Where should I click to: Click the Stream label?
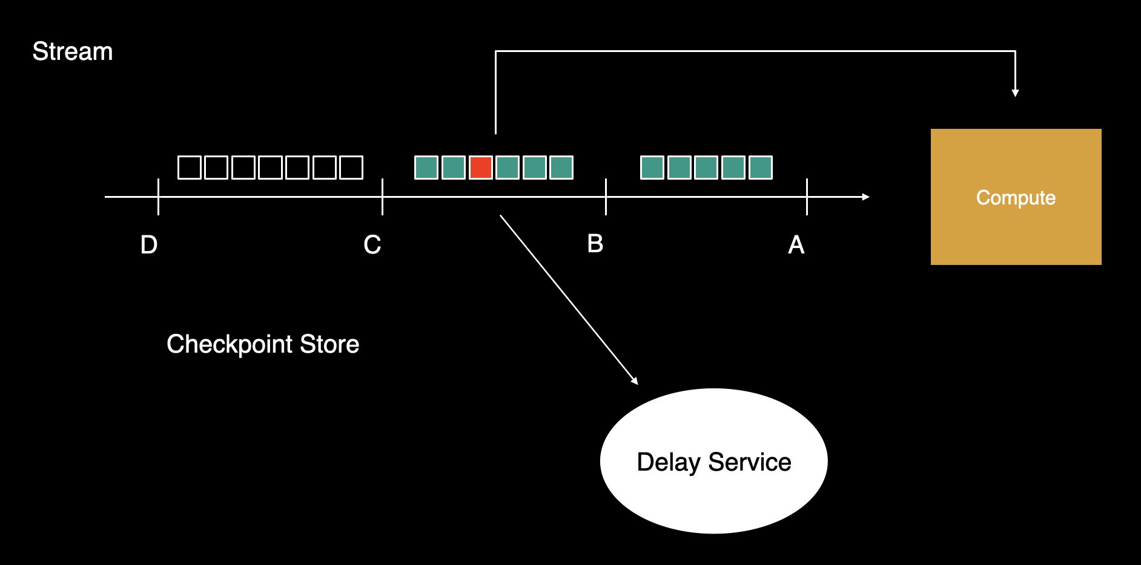pyautogui.click(x=72, y=51)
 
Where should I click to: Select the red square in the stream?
pyautogui.click(x=480, y=168)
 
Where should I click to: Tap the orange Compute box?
pyautogui.click(x=1016, y=197)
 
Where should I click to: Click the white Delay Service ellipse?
pyautogui.click(x=713, y=461)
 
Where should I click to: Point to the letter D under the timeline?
pyautogui.click(x=149, y=245)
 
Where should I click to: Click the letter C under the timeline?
pyautogui.click(x=372, y=245)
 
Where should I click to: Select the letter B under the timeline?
pyautogui.click(x=595, y=244)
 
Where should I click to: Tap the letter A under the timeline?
pyautogui.click(x=796, y=245)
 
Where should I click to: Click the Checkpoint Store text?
pyautogui.click(x=263, y=344)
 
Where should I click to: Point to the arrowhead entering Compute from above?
pyautogui.click(x=1015, y=93)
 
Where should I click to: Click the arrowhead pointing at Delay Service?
pyautogui.click(x=635, y=380)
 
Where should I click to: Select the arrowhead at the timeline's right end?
pyautogui.click(x=866, y=197)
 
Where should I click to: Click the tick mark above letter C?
pyautogui.click(x=382, y=197)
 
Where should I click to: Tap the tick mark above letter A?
pyautogui.click(x=807, y=197)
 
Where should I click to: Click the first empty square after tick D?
pyautogui.click(x=189, y=168)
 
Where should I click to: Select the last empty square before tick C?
pyautogui.click(x=351, y=168)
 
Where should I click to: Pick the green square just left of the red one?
pyautogui.click(x=454, y=168)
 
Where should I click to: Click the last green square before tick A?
pyautogui.click(x=761, y=168)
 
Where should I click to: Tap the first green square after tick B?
pyautogui.click(x=652, y=168)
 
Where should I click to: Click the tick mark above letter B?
pyautogui.click(x=606, y=197)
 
